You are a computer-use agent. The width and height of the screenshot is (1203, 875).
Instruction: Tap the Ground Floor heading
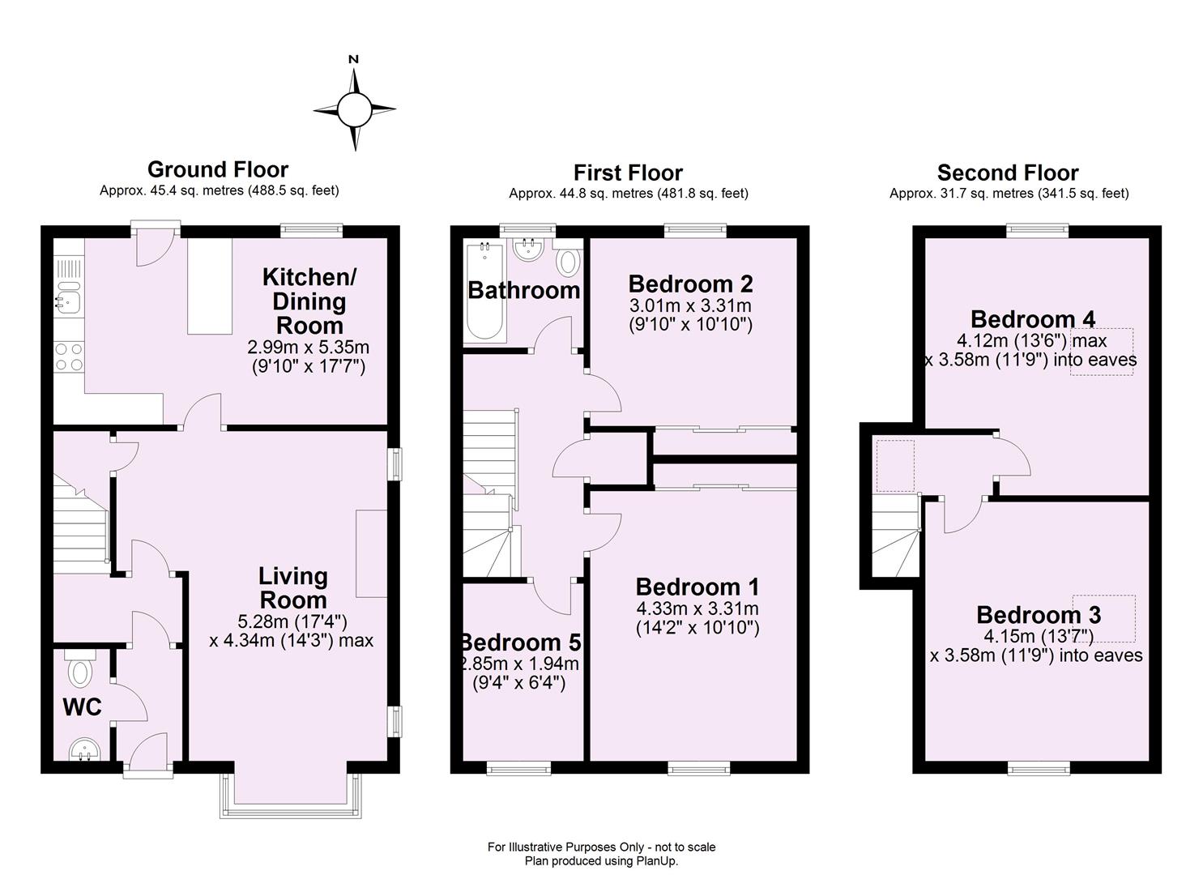(218, 169)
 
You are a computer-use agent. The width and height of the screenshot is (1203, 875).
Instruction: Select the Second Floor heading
(1008, 173)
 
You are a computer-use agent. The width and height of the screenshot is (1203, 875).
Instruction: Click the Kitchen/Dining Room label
(309, 301)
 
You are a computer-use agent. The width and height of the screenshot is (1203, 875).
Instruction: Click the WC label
(82, 707)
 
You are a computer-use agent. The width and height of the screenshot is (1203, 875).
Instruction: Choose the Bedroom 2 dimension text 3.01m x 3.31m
(690, 305)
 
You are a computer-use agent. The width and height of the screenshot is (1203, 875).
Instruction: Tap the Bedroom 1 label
(697, 587)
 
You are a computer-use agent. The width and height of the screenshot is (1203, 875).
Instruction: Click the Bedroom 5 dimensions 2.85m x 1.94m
(519, 664)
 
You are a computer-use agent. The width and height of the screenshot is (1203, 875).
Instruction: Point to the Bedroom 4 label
(1032, 318)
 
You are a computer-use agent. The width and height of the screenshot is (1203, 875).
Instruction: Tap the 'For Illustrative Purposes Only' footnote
(601, 847)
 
